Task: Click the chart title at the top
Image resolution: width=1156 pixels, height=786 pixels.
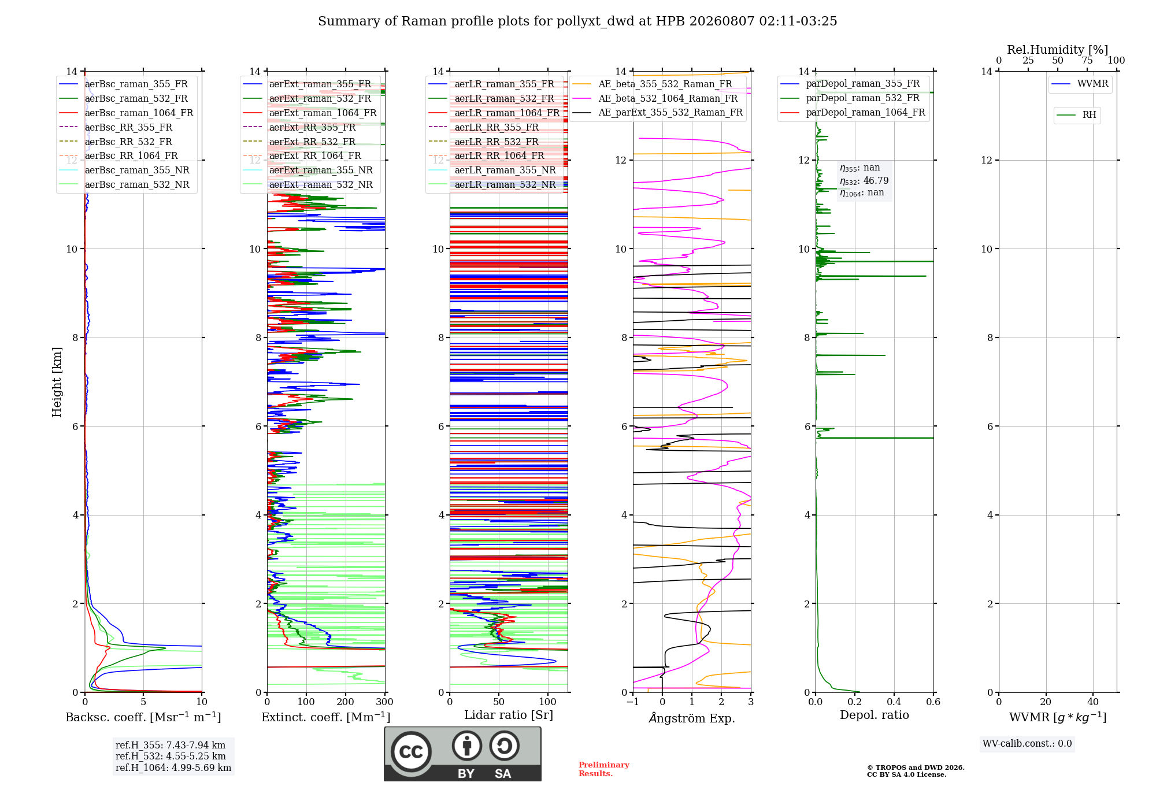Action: [577, 21]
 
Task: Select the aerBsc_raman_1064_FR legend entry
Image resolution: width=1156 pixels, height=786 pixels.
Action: [127, 113]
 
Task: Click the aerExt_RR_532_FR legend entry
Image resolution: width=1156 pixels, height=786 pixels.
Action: [299, 142]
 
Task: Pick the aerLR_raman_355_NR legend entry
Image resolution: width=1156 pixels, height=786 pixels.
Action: [492, 170]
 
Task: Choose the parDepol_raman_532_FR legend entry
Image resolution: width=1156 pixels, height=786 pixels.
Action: [850, 98]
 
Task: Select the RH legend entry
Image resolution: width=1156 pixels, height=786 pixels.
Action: [1076, 114]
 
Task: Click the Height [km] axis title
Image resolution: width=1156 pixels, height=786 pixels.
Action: [57, 382]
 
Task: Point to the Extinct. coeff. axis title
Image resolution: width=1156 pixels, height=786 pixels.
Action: [326, 717]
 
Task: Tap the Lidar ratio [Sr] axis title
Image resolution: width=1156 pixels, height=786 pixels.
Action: [509, 715]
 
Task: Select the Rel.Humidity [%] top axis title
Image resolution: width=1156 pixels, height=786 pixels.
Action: [1058, 50]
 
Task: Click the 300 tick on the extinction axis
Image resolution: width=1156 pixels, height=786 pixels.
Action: [384, 702]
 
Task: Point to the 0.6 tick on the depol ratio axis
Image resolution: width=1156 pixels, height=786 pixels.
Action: [933, 702]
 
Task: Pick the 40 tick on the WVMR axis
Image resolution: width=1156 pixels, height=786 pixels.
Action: [1093, 702]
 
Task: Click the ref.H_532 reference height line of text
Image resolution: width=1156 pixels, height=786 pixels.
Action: [171, 756]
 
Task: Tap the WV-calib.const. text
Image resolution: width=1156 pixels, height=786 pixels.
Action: [1027, 744]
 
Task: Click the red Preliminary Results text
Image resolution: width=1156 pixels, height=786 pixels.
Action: [604, 769]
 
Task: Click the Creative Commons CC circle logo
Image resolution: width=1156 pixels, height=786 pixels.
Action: [411, 751]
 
